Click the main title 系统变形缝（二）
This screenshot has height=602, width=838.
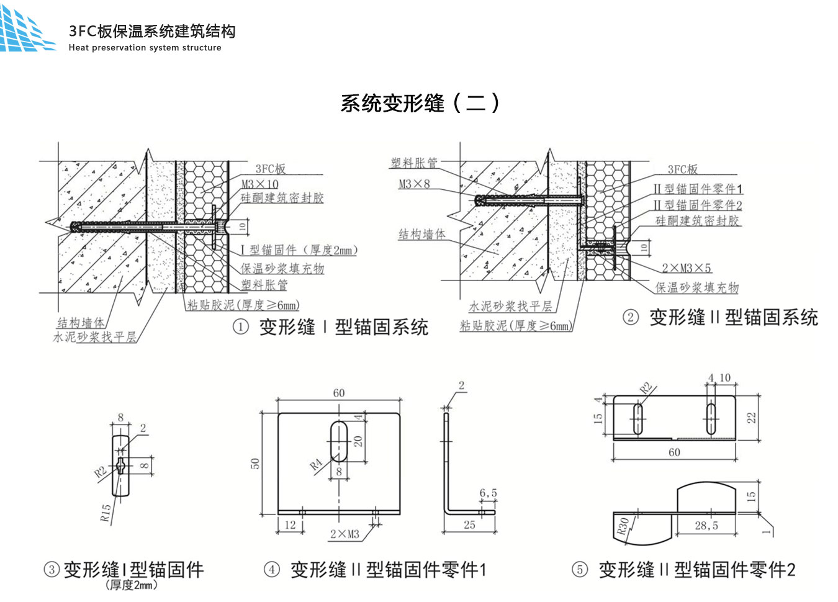420,103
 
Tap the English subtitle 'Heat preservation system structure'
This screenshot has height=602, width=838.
145,48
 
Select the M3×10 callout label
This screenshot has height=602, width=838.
259,184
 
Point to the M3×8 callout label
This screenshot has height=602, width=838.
413,184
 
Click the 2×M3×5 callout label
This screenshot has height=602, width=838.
686,268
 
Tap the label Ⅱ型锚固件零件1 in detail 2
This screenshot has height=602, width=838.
697,189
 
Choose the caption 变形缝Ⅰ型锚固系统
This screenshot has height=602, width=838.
343,327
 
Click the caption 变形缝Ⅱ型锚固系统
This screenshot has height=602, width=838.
733,318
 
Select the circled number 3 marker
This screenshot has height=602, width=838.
52,569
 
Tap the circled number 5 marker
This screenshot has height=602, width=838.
579,569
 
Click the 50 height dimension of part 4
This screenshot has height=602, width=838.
255,464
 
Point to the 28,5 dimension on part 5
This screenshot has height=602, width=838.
706,526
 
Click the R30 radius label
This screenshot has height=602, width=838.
623,526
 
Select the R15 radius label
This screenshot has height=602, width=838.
106,512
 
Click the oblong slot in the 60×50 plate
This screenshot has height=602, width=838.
339,441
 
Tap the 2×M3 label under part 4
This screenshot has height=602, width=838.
345,534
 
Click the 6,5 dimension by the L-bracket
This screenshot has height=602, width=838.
488,493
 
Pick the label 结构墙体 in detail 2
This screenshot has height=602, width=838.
421,234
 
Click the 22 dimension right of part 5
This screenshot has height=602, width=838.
751,418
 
